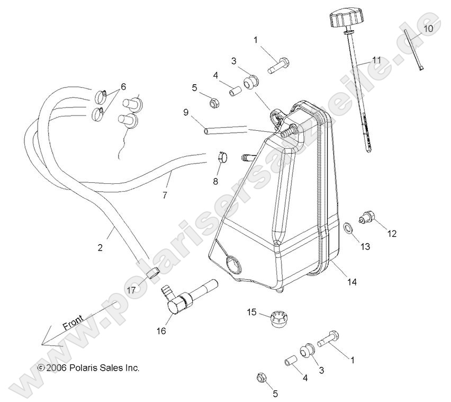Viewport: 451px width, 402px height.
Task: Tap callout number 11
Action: (x=376, y=60)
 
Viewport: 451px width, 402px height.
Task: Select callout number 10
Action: (x=428, y=28)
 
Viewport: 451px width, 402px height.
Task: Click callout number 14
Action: (x=351, y=282)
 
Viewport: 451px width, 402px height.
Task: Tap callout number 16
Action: (x=161, y=331)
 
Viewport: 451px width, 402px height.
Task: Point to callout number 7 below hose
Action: (x=165, y=195)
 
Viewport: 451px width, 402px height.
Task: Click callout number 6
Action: (x=123, y=86)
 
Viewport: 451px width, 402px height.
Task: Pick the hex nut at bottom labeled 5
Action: (x=261, y=378)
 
